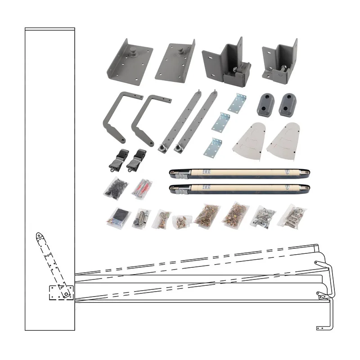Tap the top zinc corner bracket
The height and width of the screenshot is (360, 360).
click(238, 103)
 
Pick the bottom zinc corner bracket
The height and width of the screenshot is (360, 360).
click(214, 147)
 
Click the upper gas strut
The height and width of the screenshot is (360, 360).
click(238, 172)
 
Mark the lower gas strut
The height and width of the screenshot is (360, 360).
click(238, 189)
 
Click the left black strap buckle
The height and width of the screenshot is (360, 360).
click(116, 159)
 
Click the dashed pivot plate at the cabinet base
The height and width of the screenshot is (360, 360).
click(58, 292)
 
